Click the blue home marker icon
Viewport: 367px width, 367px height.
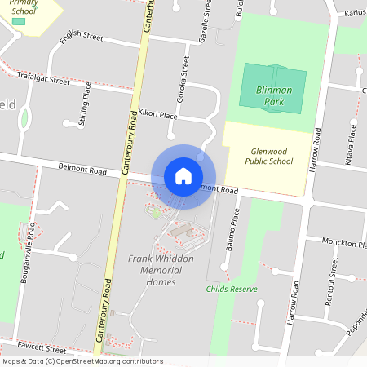point(183,176)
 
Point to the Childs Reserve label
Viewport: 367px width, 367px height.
point(232,289)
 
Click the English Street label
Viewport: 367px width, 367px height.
point(82,37)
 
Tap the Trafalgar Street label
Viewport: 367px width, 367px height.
point(43,78)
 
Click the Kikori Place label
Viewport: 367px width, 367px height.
point(158,114)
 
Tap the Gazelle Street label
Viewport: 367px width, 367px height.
point(205,21)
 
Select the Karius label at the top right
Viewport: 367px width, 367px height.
point(354,13)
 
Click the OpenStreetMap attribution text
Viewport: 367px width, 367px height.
point(82,361)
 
